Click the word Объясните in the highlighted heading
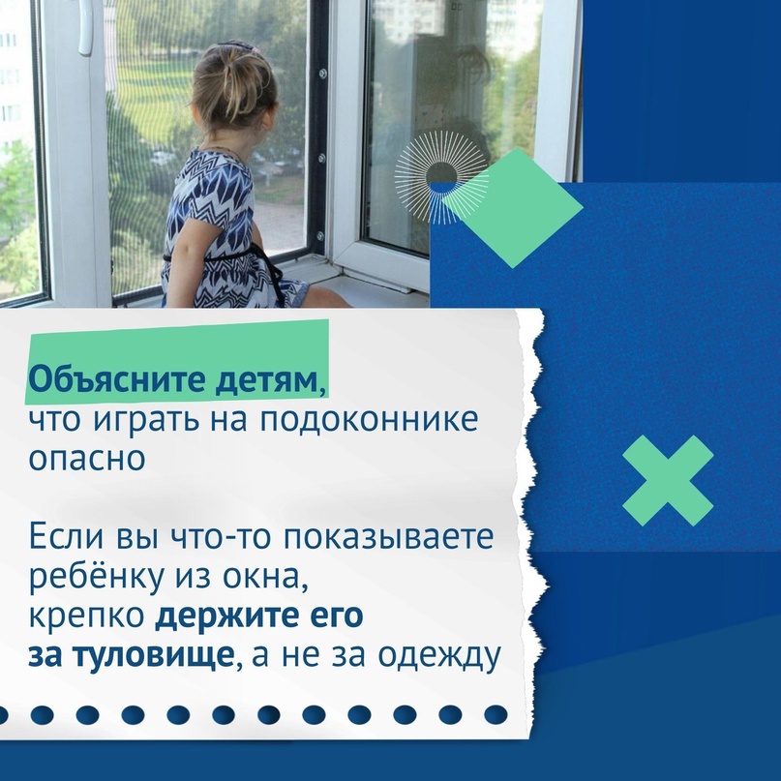point(116,380)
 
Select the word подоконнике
point(369,420)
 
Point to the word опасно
point(87,458)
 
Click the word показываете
point(388,537)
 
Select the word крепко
point(87,617)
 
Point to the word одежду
point(438,656)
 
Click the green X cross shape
point(668,481)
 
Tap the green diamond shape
point(513,208)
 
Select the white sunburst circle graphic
point(440,176)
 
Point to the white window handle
point(85,26)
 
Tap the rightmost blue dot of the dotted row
point(496,714)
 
